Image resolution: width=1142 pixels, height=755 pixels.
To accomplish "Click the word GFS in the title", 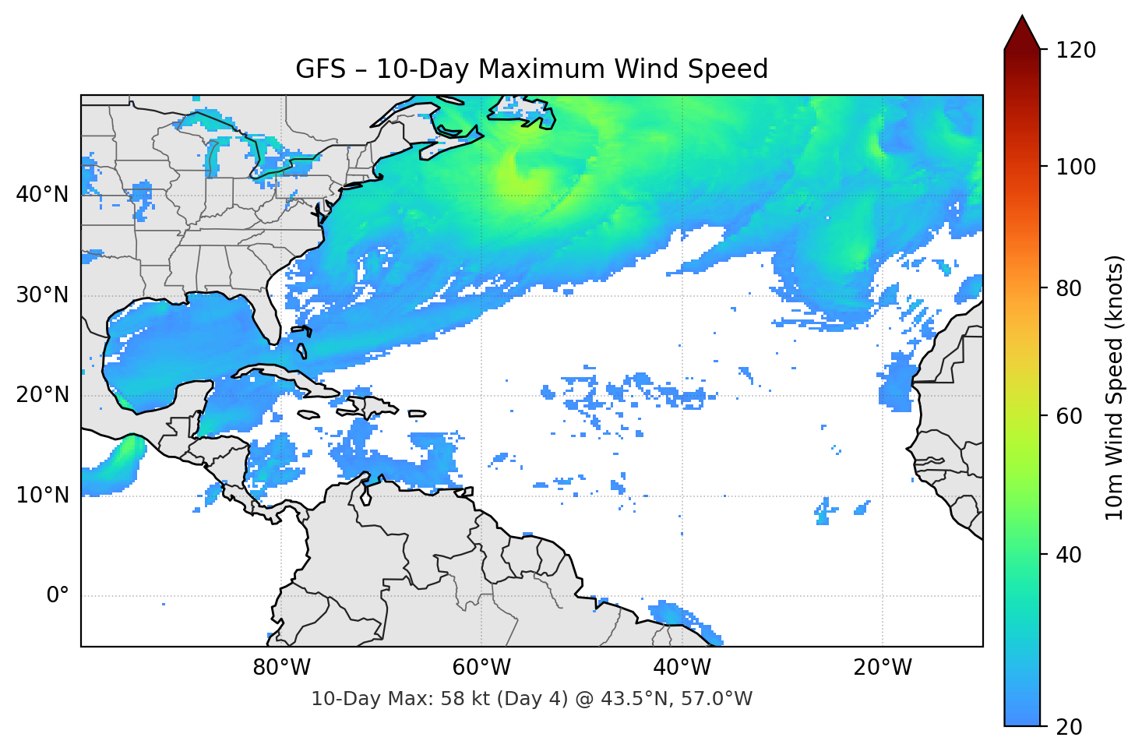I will coord(320,69).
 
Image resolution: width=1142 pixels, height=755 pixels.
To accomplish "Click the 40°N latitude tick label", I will coord(42,195).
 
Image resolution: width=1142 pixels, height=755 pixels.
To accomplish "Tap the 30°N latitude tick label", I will coord(42,295).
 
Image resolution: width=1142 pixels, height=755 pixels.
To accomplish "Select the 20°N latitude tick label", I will coord(42,395).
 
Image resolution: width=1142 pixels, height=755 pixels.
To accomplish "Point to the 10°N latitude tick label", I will coord(42,496).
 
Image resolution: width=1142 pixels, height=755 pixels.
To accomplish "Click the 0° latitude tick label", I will coord(58,596).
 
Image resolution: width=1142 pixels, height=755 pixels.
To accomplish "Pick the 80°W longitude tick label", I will coord(281,668).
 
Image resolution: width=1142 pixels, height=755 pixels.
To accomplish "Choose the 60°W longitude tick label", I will coord(481,668).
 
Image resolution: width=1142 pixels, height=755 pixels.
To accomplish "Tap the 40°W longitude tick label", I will coord(682,668).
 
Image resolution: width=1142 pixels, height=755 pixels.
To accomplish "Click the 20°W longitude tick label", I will coord(882,668).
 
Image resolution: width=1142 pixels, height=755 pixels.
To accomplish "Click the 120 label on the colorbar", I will coord(1076,50).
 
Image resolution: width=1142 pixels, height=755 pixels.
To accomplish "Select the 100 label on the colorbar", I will coord(1076,167).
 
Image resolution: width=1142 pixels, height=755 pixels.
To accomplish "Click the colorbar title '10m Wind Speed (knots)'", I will coord(1115,387).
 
